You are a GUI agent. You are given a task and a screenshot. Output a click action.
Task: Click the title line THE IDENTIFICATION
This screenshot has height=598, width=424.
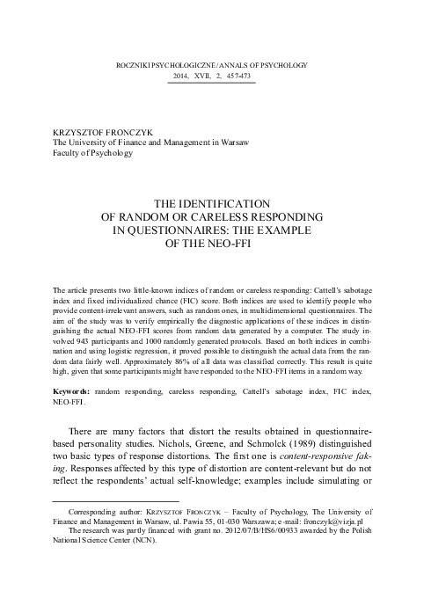pos(211,201)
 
